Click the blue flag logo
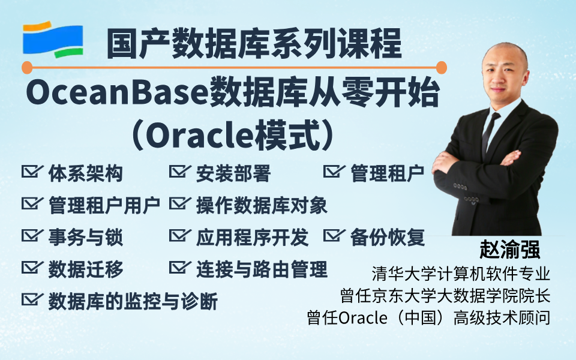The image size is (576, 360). [x=53, y=40]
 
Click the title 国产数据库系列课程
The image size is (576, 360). [x=254, y=44]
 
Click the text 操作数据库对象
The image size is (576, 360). [x=262, y=205]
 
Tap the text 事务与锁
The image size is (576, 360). [x=86, y=238]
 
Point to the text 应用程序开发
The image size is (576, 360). [x=253, y=238]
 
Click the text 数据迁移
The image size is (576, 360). [x=86, y=269]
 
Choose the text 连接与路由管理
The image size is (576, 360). [x=262, y=269]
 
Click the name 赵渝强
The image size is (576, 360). [x=509, y=250]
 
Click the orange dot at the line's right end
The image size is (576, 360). [x=441, y=68]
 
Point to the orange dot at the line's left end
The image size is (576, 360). [x=27, y=68]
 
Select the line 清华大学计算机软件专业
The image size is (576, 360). [x=461, y=274]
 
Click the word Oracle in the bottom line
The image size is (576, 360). [x=362, y=318]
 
